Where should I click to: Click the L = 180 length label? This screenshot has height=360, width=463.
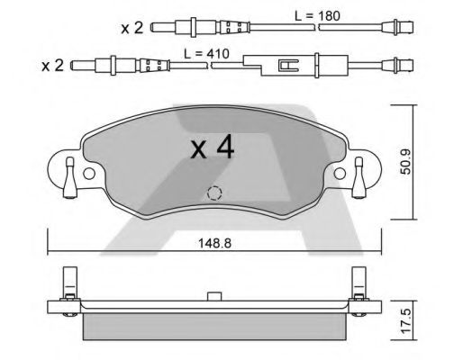pyautogui.click(x=317, y=16)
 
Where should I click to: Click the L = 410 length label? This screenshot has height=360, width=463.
pyautogui.click(x=206, y=54)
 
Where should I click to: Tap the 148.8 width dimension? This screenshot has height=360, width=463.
pyautogui.click(x=214, y=243)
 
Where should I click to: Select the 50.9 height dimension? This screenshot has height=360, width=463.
pyautogui.click(x=406, y=162)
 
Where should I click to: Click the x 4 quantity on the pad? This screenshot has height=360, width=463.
pyautogui.click(x=213, y=147)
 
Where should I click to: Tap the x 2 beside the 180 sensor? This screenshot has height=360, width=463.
pyautogui.click(x=132, y=28)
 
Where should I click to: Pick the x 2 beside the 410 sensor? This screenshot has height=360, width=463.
pyautogui.click(x=52, y=66)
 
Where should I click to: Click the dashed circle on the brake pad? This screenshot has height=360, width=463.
pyautogui.click(x=214, y=193)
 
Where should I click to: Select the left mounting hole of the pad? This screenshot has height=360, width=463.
pyautogui.click(x=89, y=174)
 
